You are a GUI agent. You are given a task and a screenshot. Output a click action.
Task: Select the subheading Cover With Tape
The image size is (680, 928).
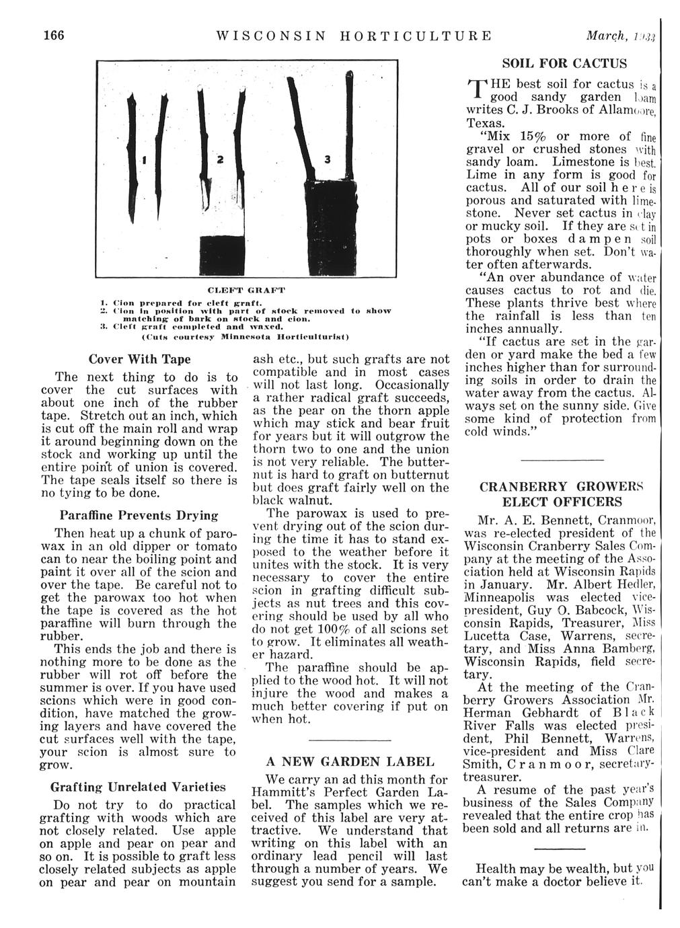click(x=140, y=359)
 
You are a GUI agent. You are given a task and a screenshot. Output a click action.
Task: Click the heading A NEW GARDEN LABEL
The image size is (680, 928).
click(x=350, y=762)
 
